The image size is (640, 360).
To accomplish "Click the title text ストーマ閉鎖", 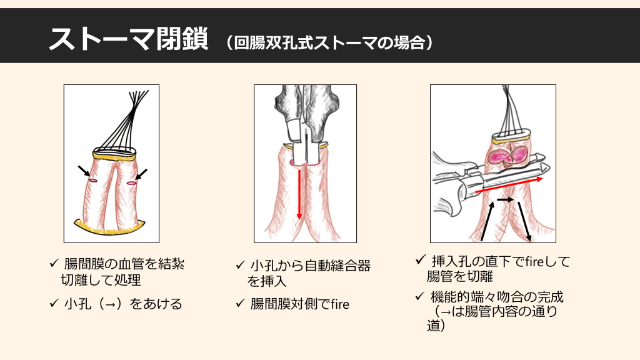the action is (128, 39).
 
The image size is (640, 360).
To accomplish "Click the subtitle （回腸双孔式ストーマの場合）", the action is (329, 42).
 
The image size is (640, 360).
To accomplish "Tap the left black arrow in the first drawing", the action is (84, 171).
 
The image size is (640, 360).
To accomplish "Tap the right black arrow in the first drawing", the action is (141, 174).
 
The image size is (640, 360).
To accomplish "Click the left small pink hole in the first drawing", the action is (93, 180).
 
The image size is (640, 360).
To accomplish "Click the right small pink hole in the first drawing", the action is (131, 183).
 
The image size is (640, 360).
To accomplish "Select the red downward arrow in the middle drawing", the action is (299, 194).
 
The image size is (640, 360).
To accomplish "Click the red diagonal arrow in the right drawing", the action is (509, 185).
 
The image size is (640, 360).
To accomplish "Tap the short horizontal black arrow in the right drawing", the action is (505, 199).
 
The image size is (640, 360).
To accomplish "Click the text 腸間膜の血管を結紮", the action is (124, 264).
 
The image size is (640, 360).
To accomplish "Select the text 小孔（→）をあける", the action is (123, 304).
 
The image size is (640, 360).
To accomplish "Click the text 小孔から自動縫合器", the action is (310, 266).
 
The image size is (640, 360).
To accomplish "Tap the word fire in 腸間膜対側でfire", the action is (340, 304).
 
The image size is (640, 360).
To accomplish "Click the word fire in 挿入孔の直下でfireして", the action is (534, 261).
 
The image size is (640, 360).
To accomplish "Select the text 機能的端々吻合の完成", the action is (497, 297).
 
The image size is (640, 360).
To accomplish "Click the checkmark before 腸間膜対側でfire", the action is (241, 303).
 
